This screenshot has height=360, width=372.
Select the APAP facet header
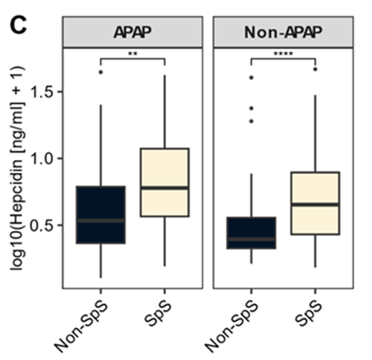click(x=132, y=32)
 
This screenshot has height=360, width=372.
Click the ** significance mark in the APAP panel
click(x=133, y=54)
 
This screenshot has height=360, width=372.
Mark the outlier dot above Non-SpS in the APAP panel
click(x=100, y=72)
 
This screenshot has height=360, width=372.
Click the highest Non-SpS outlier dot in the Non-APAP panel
click(x=250, y=77)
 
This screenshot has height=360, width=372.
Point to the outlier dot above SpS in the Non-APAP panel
click(x=315, y=69)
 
